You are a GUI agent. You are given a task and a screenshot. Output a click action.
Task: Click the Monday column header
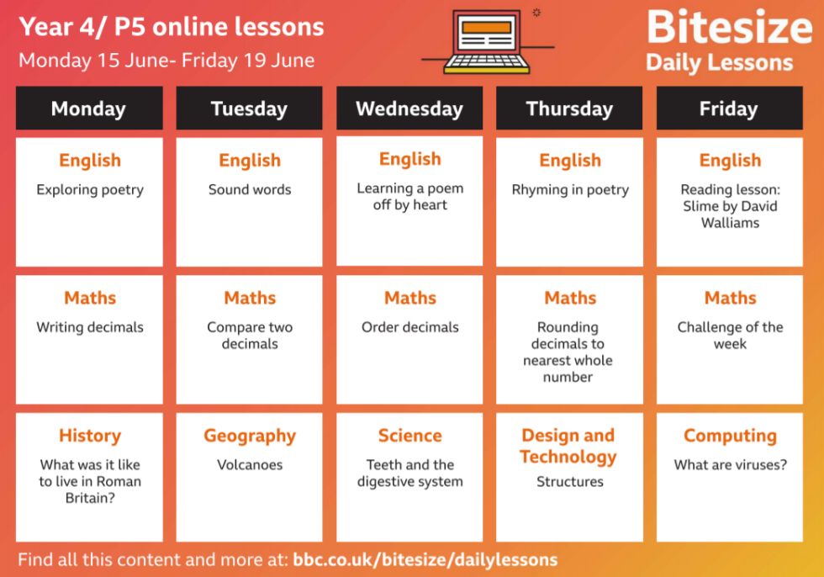[x=89, y=109]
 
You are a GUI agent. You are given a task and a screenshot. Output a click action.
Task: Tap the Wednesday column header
[x=409, y=109]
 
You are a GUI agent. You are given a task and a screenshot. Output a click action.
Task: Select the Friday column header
[x=730, y=109]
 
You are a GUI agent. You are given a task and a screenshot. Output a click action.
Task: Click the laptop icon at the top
[x=487, y=42]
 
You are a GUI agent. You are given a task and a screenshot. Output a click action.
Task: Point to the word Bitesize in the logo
[x=730, y=27]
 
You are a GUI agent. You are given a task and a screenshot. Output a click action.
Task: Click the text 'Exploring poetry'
[x=90, y=190]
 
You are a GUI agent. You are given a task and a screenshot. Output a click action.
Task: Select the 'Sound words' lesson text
[x=250, y=189]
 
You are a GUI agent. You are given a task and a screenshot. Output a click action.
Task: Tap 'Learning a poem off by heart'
[x=410, y=197]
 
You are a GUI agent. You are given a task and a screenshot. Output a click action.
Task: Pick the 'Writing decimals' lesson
[x=90, y=327]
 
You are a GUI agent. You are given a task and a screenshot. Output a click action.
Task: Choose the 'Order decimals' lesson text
[x=410, y=327]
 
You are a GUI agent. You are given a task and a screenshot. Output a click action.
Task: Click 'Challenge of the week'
[x=730, y=336]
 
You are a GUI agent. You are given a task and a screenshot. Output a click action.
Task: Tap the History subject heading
[x=90, y=436]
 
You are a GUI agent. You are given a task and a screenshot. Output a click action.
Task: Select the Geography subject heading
[x=250, y=437]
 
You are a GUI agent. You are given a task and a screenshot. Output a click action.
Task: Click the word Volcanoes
[x=250, y=464]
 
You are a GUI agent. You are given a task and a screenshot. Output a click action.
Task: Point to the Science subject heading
[x=410, y=435]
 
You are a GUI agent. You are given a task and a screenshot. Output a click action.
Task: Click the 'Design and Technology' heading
[x=568, y=446]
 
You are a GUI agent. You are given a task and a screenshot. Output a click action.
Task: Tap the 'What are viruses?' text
[x=731, y=464]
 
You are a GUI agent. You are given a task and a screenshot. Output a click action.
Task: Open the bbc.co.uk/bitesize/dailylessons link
[x=425, y=559]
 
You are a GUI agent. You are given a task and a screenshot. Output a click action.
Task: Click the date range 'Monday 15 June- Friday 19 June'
[x=166, y=61]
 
